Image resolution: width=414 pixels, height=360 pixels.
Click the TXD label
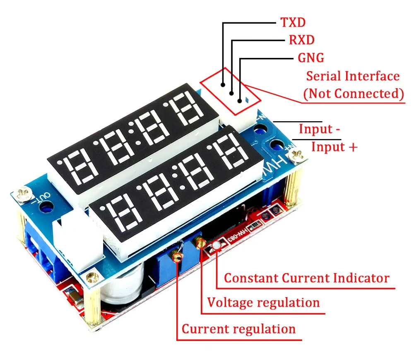click(x=293, y=22)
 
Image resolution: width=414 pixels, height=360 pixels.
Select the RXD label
click(x=302, y=40)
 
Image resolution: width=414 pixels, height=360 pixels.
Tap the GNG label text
click(x=311, y=58)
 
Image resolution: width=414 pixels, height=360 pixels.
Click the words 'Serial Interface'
click(x=353, y=76)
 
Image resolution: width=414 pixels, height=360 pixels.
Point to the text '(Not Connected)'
click(x=354, y=94)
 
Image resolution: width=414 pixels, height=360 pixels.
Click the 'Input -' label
click(x=319, y=129)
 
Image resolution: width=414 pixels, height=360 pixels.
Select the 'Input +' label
click(x=334, y=147)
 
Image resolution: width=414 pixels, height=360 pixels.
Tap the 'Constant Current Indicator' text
click(x=306, y=278)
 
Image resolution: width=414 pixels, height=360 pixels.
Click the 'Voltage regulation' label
click(x=263, y=303)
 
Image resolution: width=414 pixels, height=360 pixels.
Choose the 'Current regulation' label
click(x=239, y=329)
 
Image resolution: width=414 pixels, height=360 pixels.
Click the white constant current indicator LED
click(x=216, y=246)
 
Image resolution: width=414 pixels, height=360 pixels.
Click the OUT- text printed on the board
click(x=41, y=198)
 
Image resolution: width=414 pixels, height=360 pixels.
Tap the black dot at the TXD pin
click(x=223, y=85)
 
